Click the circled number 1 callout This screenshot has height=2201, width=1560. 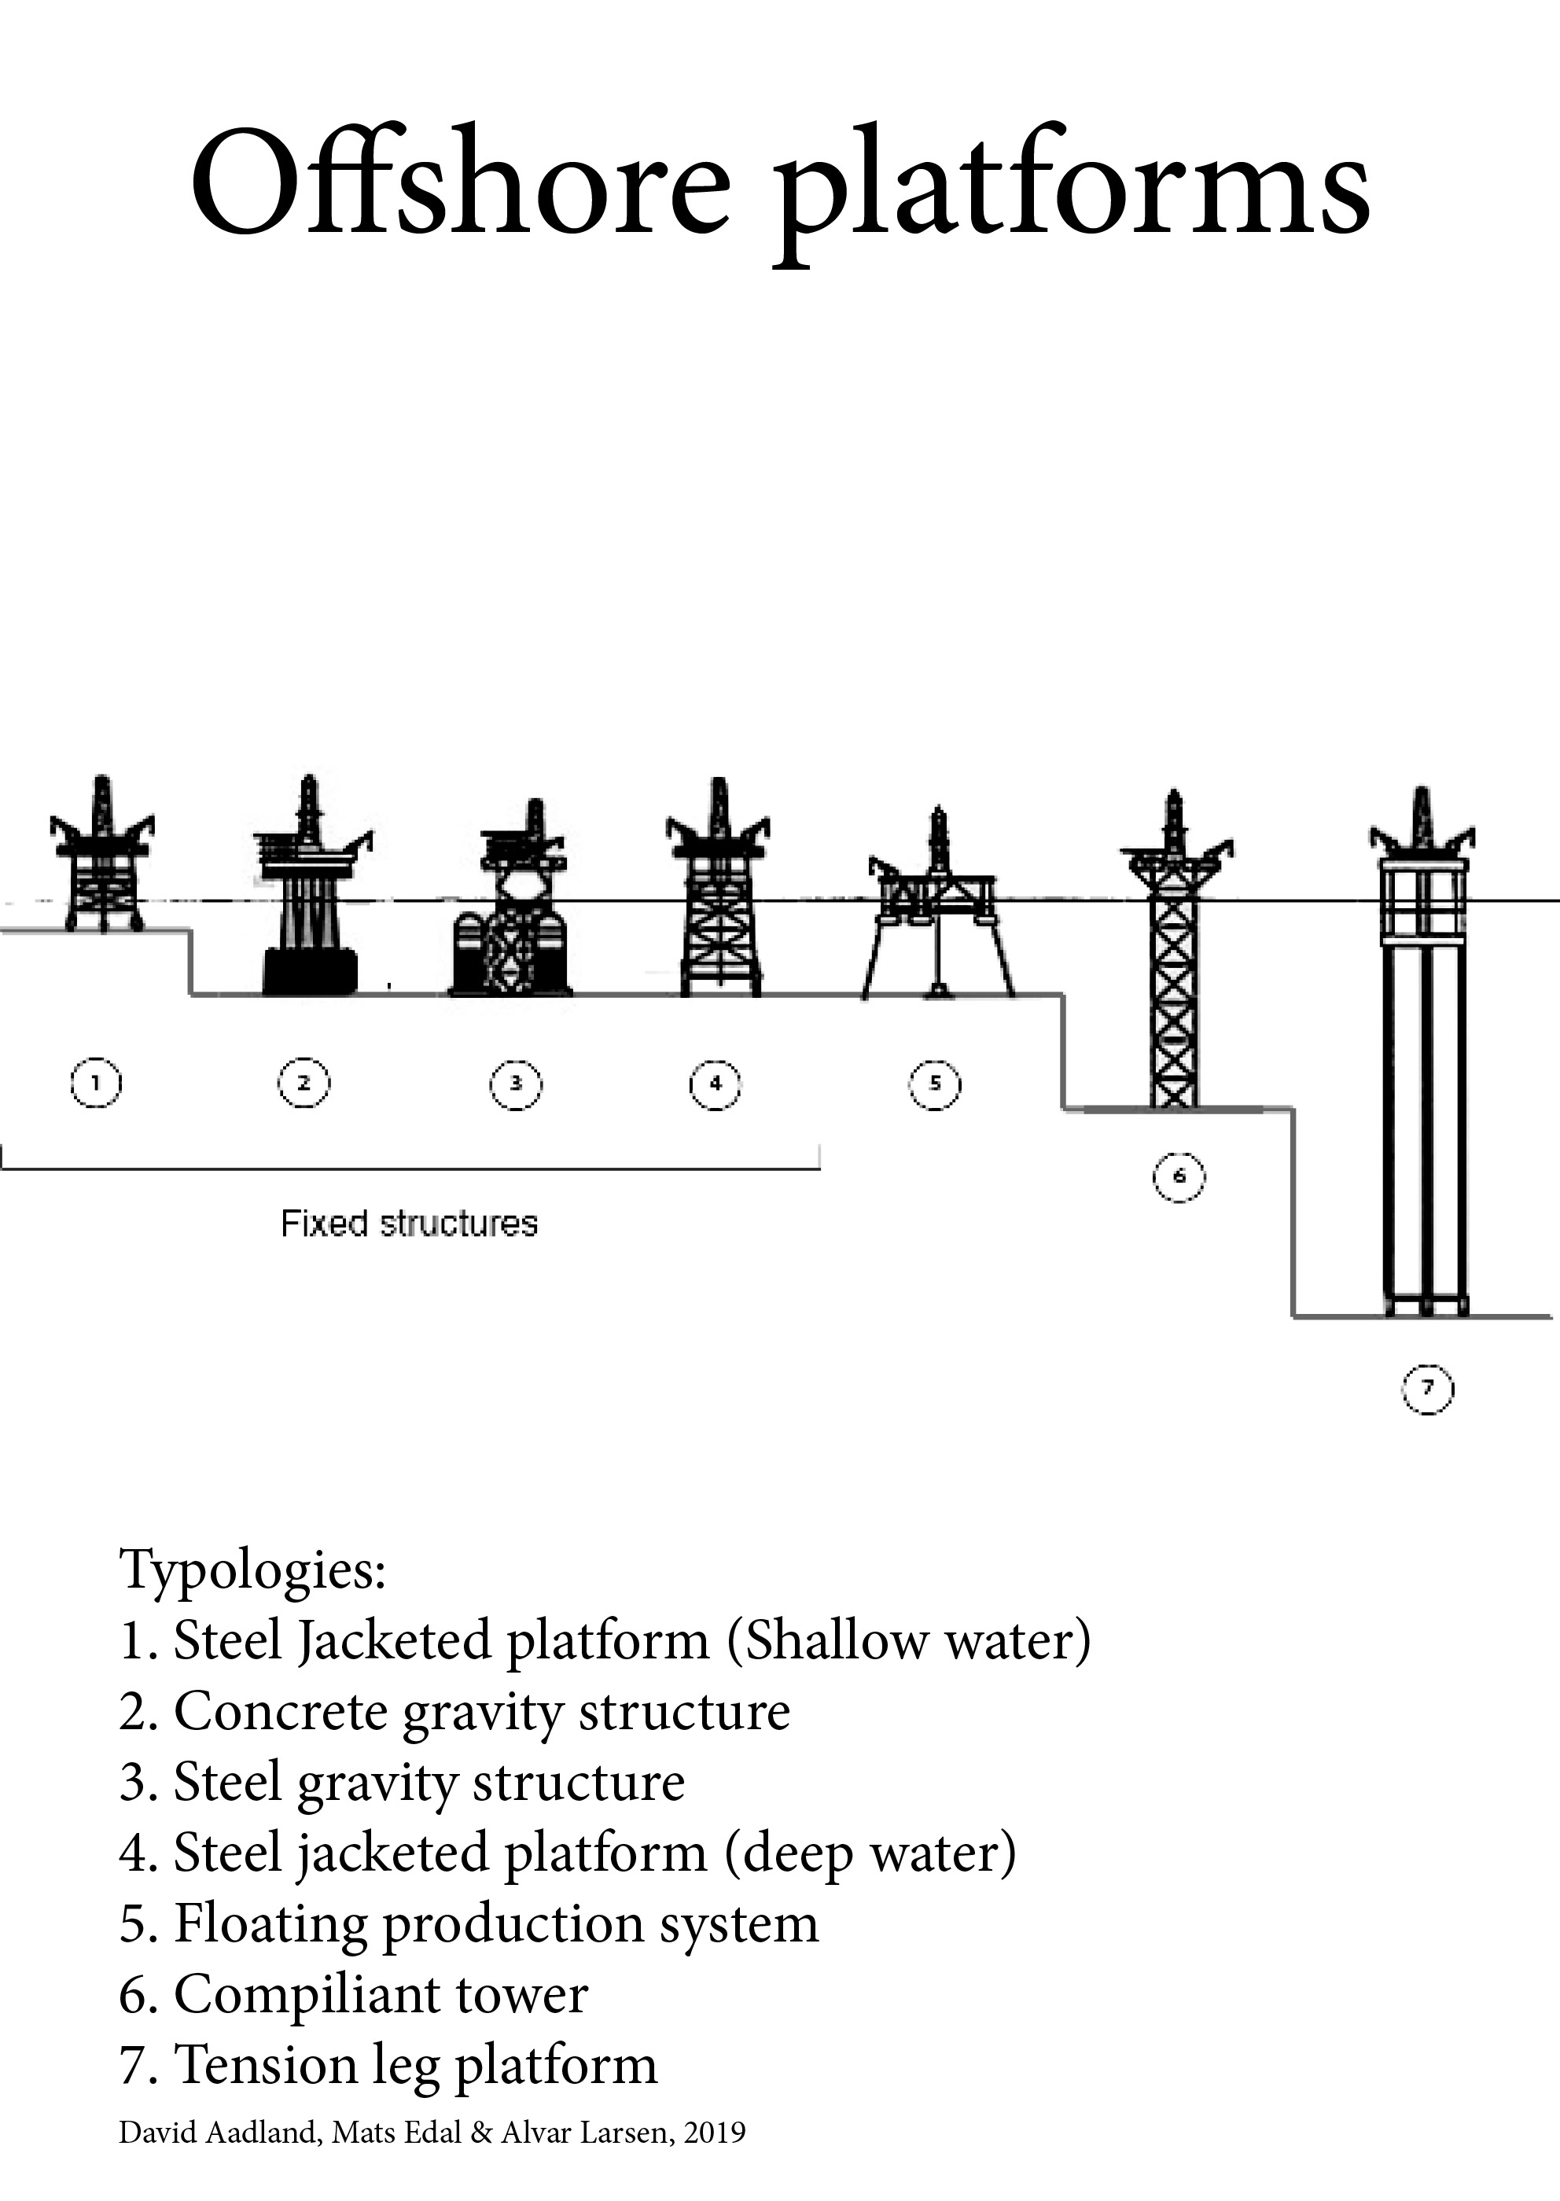[x=96, y=1083]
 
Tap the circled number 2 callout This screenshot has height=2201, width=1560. [x=304, y=1083]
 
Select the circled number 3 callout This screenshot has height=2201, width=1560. [x=516, y=1084]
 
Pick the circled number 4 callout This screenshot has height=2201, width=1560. [x=716, y=1084]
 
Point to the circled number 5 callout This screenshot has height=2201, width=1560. [x=935, y=1084]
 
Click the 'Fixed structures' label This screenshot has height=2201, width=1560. [x=409, y=1223]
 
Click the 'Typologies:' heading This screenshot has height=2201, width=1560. [x=252, y=1570]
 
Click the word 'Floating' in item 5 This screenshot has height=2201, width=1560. [x=270, y=1923]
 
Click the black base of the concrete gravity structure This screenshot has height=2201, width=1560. [x=309, y=971]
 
